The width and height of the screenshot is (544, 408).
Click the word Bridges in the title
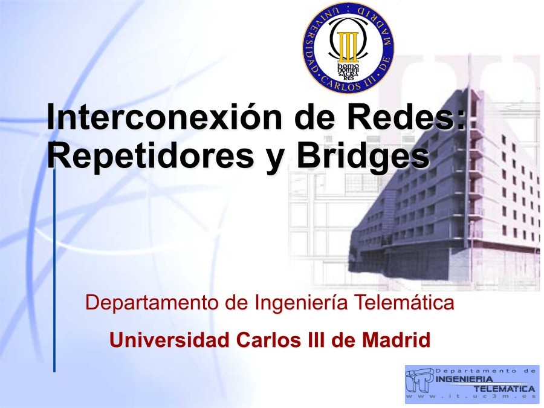click(x=362, y=155)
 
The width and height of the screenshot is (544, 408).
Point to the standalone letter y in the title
click(x=274, y=159)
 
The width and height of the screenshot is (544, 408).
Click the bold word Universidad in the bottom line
click(x=169, y=340)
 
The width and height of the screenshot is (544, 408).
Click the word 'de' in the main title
click(x=313, y=116)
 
